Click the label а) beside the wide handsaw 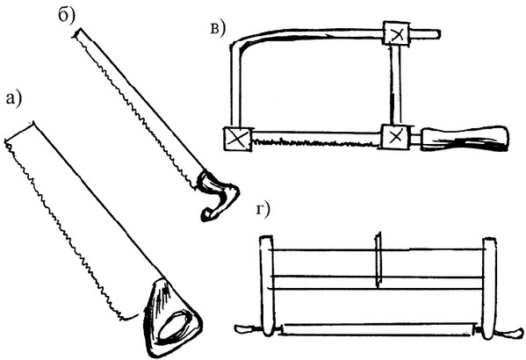(x=14, y=99)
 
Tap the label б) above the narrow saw (x=67, y=16)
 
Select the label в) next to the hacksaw (x=217, y=28)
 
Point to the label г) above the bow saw (x=263, y=210)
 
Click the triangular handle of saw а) (x=171, y=318)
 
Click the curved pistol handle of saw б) (x=218, y=195)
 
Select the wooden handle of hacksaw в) (x=465, y=138)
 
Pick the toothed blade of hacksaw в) (x=316, y=140)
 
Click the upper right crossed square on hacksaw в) (x=397, y=34)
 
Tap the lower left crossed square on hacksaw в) (x=237, y=139)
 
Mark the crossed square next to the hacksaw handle (x=396, y=137)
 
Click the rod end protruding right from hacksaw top (x=425, y=33)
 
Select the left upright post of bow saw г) (x=267, y=286)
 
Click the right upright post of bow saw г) (x=489, y=287)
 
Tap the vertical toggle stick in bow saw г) (x=378, y=259)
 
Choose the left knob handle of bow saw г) (x=247, y=329)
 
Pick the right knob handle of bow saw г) (x=510, y=333)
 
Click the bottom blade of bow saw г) (x=379, y=329)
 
